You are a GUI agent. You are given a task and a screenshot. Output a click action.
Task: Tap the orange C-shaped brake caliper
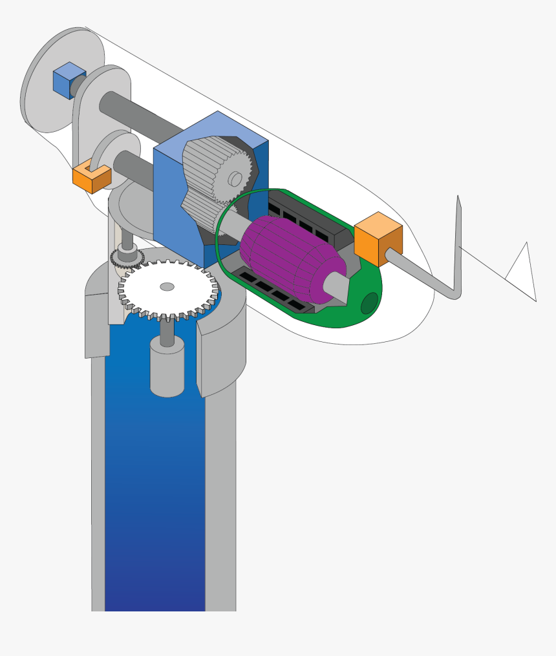click(91, 178)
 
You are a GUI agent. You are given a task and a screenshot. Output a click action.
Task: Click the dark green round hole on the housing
click(369, 303)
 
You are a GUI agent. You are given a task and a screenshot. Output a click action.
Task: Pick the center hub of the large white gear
click(167, 286)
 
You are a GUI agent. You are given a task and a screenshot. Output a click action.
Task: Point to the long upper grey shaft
click(142, 116)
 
